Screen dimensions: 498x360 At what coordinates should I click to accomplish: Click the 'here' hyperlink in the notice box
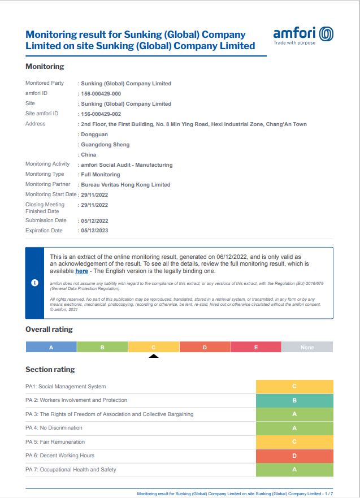81,271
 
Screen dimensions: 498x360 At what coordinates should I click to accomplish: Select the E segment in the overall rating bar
256,347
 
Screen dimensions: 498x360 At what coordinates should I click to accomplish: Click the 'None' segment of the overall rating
307,347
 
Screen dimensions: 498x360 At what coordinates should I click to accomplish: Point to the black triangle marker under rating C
153,356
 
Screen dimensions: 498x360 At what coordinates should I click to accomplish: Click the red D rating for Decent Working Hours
294,456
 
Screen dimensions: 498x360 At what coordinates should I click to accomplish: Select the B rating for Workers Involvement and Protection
294,400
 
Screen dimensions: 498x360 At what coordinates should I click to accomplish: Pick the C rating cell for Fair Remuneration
294,442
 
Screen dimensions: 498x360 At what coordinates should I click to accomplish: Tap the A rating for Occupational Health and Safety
294,470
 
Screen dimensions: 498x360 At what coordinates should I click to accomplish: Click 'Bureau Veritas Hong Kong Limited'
125,185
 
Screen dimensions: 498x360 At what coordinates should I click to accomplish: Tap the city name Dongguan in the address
94,135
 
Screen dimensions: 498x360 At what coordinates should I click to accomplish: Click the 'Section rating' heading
50,370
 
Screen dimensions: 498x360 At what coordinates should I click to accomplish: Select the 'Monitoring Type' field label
45,174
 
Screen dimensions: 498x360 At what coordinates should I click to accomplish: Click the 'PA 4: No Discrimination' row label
54,428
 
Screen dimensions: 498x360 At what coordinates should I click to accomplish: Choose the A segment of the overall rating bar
51,347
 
